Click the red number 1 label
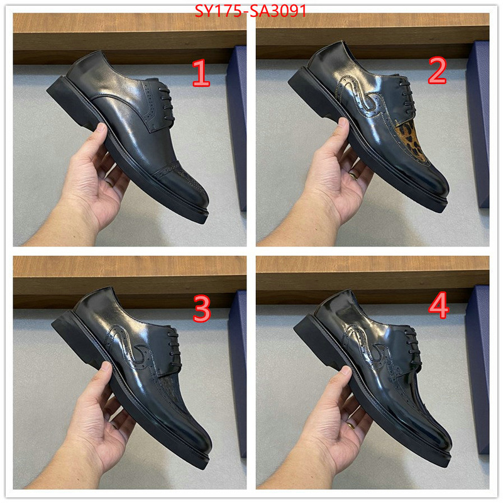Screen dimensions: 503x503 point(201,74)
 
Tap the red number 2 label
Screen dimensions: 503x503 point(437,70)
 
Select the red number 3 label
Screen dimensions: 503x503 point(201,309)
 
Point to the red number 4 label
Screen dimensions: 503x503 point(438,305)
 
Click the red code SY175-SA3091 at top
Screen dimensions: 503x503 point(250,11)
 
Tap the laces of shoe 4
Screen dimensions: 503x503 point(412,345)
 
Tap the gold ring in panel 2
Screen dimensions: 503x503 point(353,176)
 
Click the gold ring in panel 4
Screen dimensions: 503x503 point(350,426)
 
